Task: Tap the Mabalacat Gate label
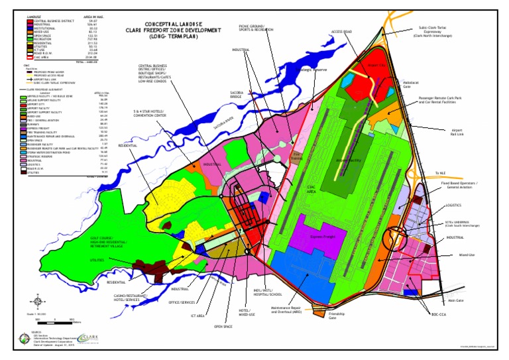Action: (x=412, y=84)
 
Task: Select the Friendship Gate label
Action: (x=337, y=316)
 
